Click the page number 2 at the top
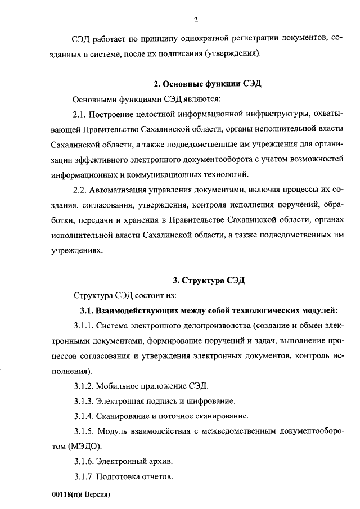[196, 21]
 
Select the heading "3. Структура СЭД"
[209, 280]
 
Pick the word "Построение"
[117, 115]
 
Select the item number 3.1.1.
[84, 326]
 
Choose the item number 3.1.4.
[84, 417]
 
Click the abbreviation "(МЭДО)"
[84, 447]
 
